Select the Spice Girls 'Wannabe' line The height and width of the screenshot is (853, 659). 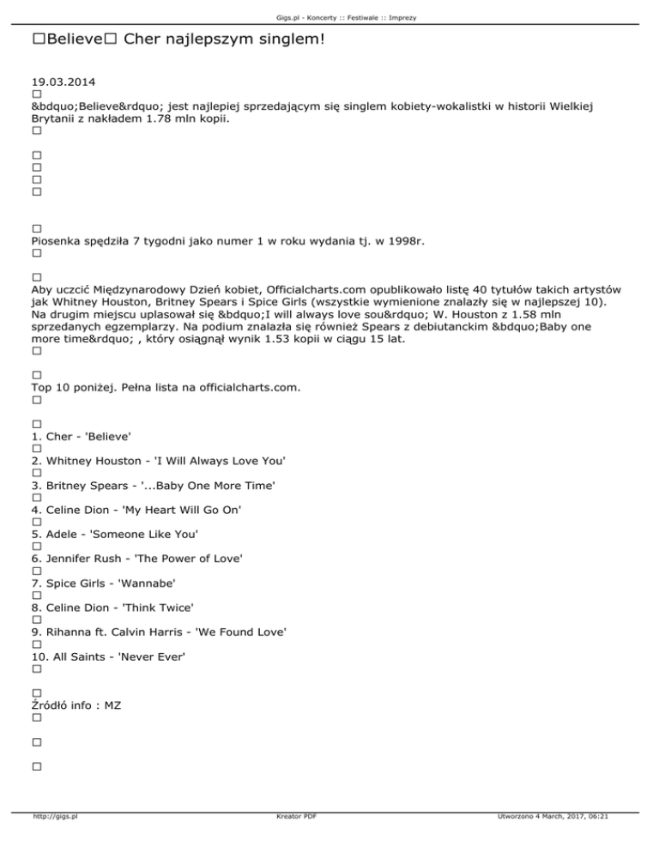coord(103,584)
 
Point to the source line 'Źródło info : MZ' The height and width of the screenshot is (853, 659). coord(76,705)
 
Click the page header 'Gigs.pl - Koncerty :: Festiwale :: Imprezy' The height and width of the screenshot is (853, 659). coord(329,16)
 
